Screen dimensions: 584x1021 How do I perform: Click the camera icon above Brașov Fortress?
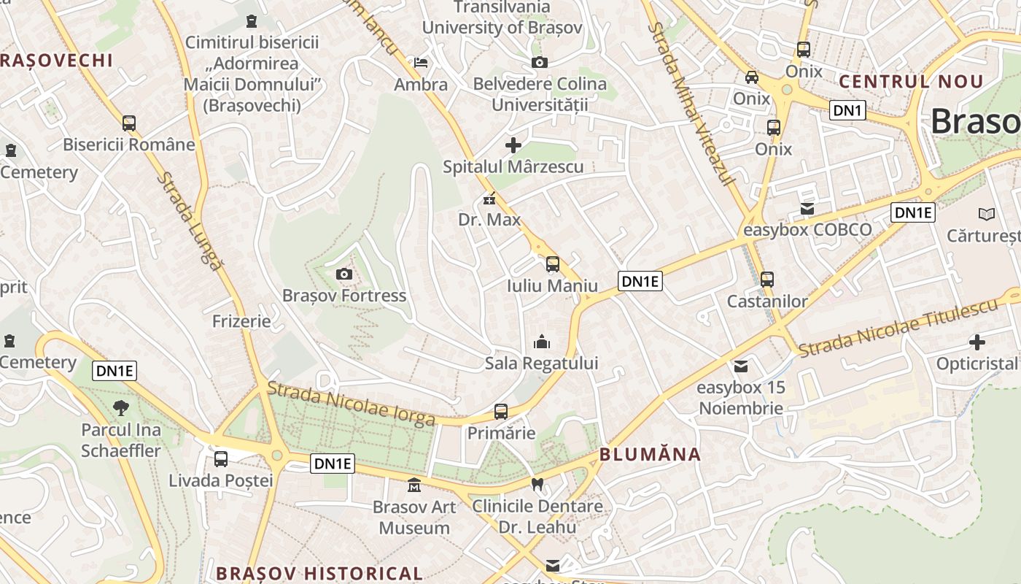[343, 274]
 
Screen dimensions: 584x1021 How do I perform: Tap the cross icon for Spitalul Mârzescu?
[513, 145]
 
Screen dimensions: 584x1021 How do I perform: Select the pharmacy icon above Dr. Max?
[489, 198]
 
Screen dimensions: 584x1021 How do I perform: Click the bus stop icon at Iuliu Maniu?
[553, 264]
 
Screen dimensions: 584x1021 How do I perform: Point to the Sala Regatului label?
[541, 363]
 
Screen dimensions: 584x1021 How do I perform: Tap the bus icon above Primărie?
[500, 411]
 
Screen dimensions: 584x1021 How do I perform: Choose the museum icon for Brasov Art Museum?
[414, 485]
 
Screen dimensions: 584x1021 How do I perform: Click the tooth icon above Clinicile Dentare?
[537, 484]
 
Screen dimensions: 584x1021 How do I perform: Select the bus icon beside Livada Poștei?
[221, 459]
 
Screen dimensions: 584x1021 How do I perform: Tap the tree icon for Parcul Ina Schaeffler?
[121, 408]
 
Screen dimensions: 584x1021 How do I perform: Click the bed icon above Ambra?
[421, 63]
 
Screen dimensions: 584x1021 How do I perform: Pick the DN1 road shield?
[847, 111]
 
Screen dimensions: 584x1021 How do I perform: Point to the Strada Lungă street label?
[190, 220]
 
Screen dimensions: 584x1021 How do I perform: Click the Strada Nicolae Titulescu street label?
[897, 328]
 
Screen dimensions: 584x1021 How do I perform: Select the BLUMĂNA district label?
[650, 455]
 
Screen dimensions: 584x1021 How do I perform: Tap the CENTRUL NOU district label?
[911, 81]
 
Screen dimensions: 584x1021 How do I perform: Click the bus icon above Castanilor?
[766, 279]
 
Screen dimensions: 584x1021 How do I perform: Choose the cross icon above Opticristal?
[977, 342]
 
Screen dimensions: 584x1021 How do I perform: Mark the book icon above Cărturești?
[987, 214]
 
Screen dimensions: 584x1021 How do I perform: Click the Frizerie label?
[241, 321]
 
